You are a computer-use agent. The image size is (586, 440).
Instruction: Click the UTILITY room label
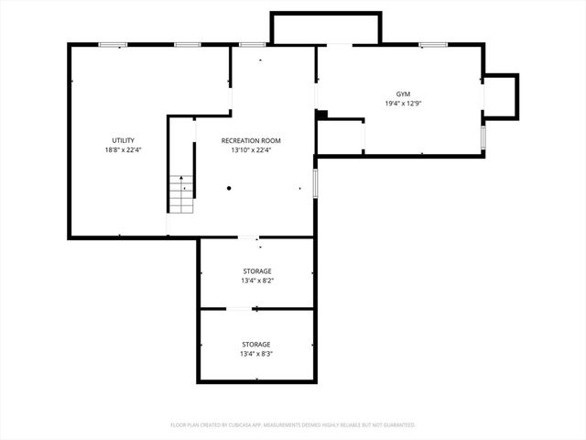(122, 140)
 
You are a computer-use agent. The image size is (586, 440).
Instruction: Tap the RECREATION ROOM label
(251, 140)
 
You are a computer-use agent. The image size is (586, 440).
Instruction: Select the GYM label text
(403, 94)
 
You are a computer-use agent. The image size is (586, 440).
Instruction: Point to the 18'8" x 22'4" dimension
(122, 150)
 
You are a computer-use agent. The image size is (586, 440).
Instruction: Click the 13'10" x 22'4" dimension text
(251, 150)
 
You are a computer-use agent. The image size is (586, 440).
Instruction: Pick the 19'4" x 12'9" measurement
(403, 104)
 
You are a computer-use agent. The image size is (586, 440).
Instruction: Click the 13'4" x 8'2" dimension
(256, 280)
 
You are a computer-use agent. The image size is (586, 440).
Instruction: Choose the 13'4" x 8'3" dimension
(256, 354)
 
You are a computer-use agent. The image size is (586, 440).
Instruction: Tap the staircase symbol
(181, 192)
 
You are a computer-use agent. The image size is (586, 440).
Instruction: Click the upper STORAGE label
(256, 270)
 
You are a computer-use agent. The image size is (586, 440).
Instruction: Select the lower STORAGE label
(256, 344)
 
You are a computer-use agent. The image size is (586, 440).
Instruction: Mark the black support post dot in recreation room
(230, 189)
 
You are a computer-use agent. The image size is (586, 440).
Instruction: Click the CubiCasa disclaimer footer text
(293, 425)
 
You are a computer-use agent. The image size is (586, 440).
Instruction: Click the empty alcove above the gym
(325, 27)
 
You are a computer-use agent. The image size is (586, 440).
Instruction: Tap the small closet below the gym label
(340, 136)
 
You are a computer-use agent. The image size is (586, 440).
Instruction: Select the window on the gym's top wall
(432, 44)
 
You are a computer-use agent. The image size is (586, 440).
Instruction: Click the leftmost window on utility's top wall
(113, 44)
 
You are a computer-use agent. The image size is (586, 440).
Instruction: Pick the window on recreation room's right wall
(315, 182)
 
